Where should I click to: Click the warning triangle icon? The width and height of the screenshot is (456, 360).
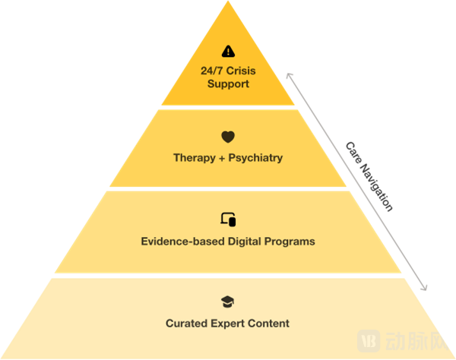[x=228, y=52]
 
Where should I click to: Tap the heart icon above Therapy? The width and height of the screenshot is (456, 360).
[x=228, y=137]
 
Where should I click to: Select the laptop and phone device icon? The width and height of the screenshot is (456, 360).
[x=228, y=219]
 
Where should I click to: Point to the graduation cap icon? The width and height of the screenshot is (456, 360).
[x=228, y=302]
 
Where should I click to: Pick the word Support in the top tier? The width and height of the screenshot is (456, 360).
[x=228, y=84]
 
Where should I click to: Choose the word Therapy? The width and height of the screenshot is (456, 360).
[x=195, y=158]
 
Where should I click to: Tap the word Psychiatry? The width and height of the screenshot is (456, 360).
[x=255, y=158]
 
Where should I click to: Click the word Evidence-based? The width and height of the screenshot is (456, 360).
[x=179, y=242]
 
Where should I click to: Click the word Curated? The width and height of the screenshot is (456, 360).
[x=186, y=324]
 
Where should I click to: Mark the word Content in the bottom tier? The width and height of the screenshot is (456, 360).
[x=268, y=324]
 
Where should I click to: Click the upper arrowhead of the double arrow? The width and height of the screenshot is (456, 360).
[x=287, y=74]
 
